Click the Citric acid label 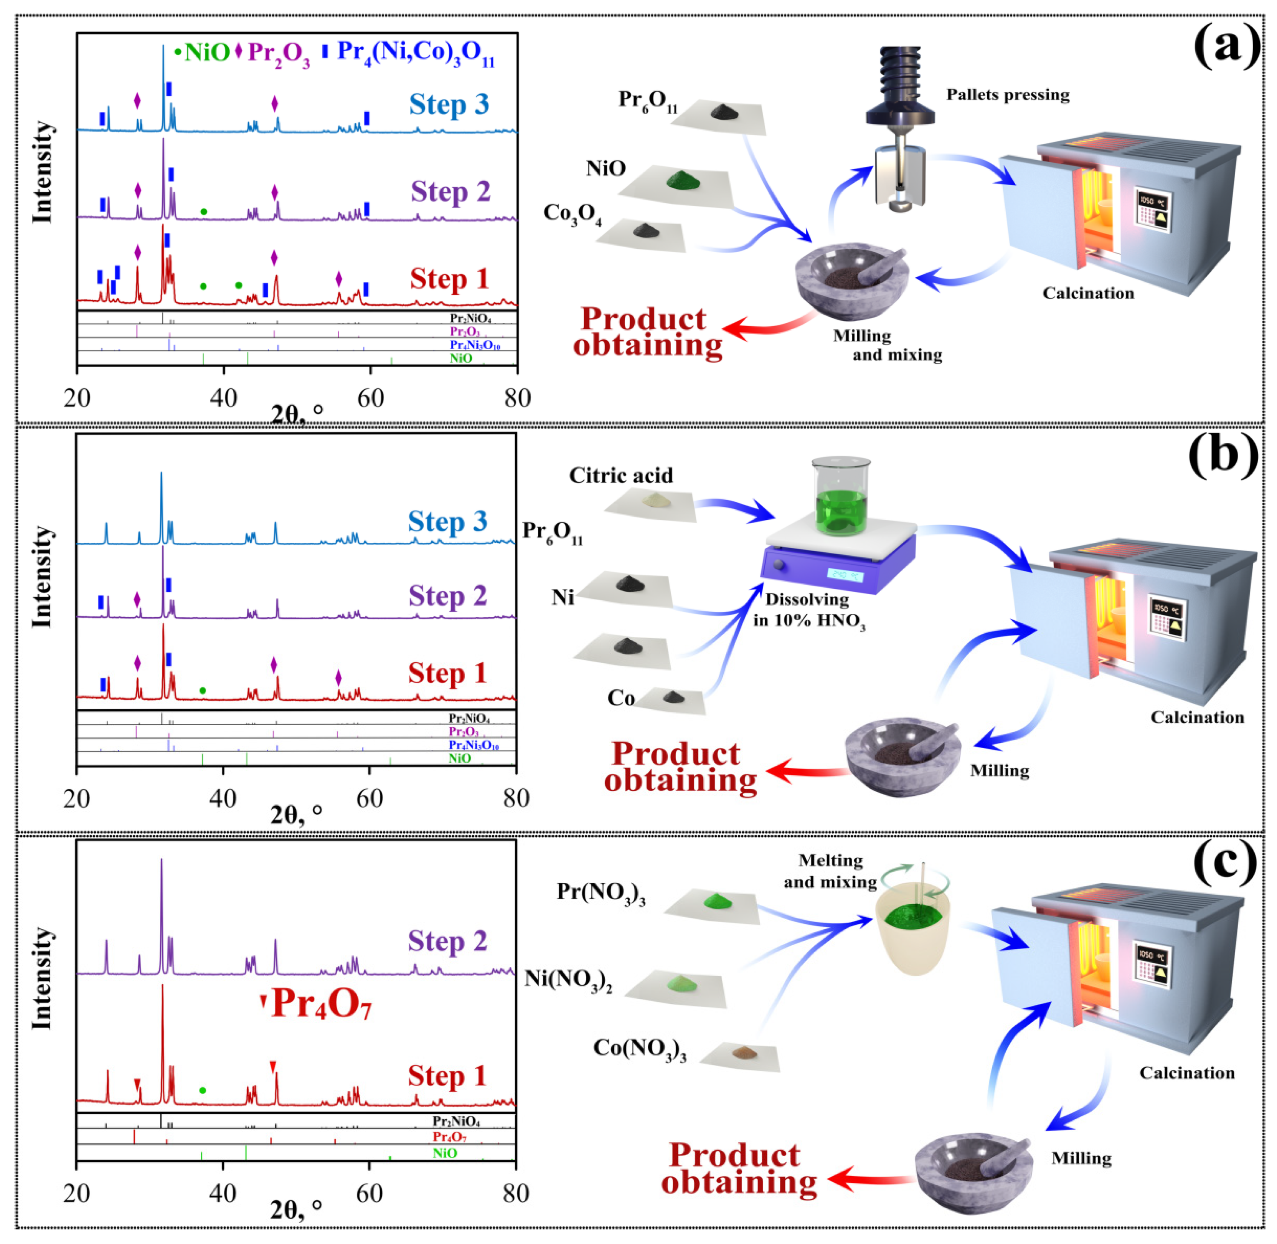click(x=620, y=476)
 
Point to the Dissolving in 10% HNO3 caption click(x=808, y=610)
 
